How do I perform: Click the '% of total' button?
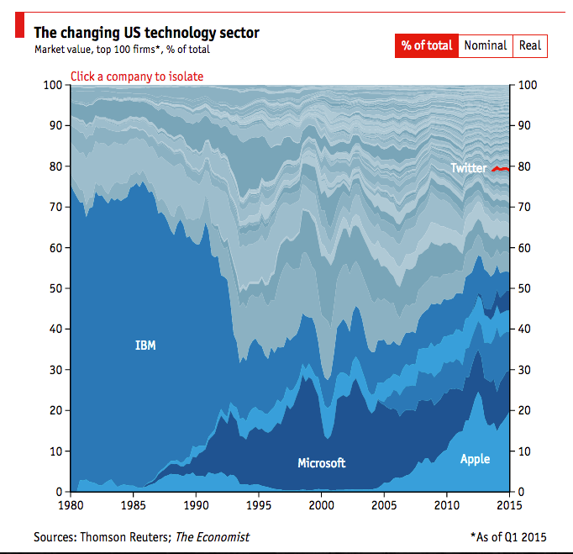(426, 45)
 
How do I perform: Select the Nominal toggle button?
(485, 45)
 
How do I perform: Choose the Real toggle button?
(529, 45)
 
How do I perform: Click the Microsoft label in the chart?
(321, 463)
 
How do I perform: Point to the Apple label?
(475, 459)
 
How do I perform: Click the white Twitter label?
(468, 168)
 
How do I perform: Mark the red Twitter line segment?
(501, 169)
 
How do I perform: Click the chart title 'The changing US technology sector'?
(146, 33)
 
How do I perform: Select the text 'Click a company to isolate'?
(137, 77)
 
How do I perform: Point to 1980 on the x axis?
(71, 506)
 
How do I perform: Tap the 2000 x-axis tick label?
(321, 506)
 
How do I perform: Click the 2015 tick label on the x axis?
(509, 506)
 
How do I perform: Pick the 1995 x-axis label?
(259, 506)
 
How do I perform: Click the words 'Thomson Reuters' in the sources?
(125, 536)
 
